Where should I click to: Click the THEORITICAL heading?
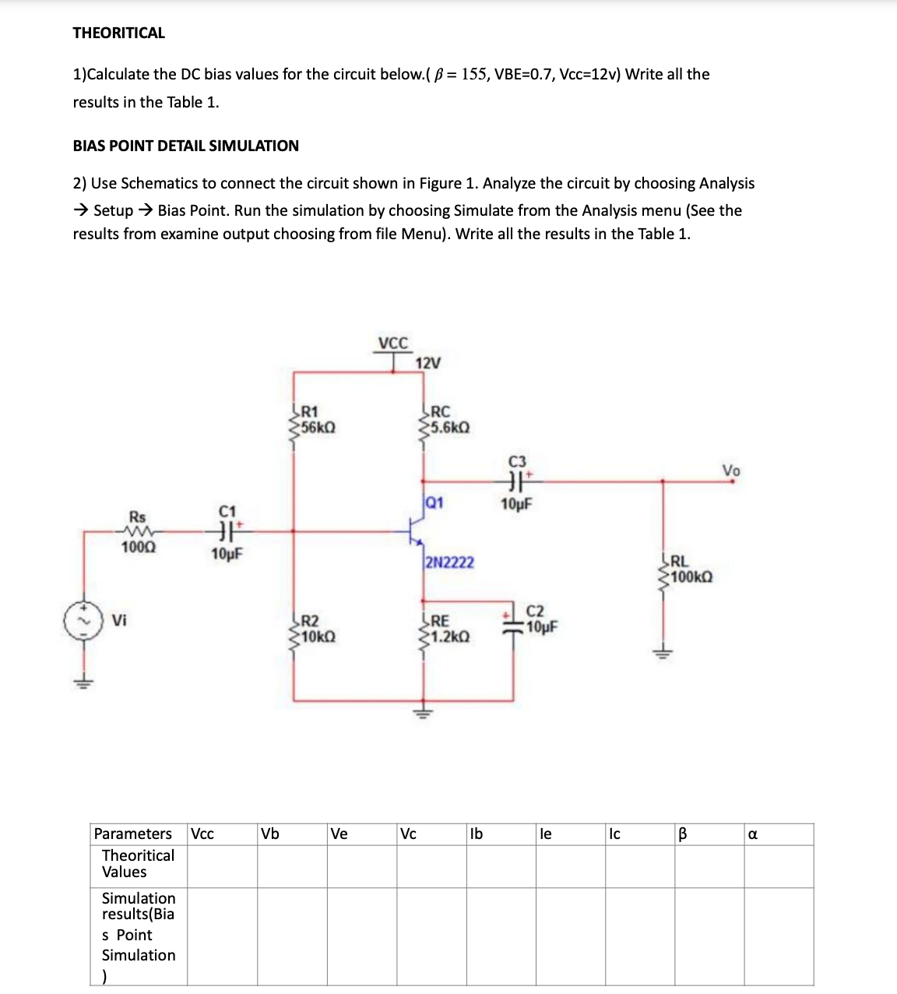click(118, 33)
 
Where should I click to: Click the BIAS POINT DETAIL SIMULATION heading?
click(185, 146)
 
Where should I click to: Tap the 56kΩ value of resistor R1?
click(318, 428)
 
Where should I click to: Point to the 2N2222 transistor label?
click(450, 562)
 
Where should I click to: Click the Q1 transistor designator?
click(434, 502)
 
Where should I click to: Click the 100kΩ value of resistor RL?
click(691, 577)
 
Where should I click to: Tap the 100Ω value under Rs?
click(138, 548)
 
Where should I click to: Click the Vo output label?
click(731, 471)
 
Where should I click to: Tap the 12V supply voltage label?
click(428, 363)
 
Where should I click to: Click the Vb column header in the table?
click(270, 834)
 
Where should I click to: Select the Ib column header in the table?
click(477, 834)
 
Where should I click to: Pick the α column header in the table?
click(752, 834)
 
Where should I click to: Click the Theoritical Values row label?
click(138, 864)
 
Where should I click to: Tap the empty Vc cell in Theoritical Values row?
click(431, 866)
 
